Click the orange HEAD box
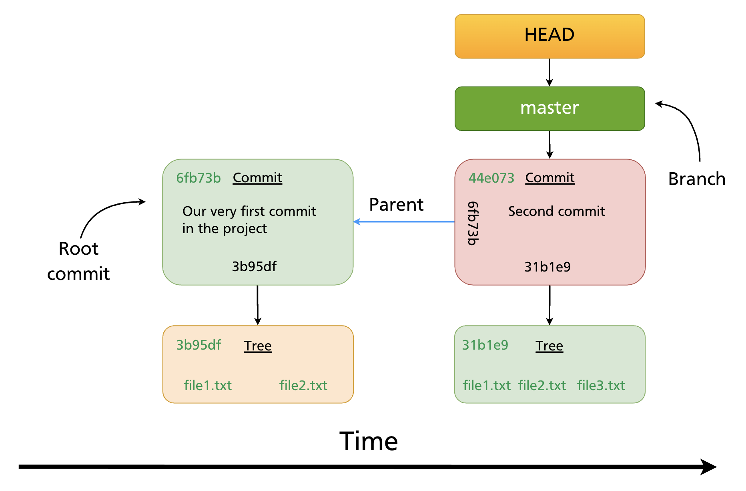pyautogui.click(x=549, y=36)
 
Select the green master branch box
pyautogui.click(x=549, y=108)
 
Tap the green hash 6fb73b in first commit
pyautogui.click(x=198, y=178)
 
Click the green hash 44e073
pyautogui.click(x=491, y=178)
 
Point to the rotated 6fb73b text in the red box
pyautogui.click(x=473, y=223)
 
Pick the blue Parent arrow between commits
pyautogui.click(x=404, y=221)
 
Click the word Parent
pyautogui.click(x=396, y=205)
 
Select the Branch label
pyautogui.click(x=696, y=179)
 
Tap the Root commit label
pyautogui.click(x=78, y=261)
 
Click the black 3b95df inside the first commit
pyautogui.click(x=254, y=266)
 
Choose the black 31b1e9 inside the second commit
pyautogui.click(x=547, y=267)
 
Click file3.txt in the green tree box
pyautogui.click(x=601, y=385)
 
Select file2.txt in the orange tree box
pyautogui.click(x=303, y=385)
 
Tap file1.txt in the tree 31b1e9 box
pyautogui.click(x=486, y=385)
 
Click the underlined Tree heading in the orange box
pyautogui.click(x=258, y=346)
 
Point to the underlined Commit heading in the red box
pyautogui.click(x=549, y=178)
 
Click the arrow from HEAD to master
pyautogui.click(x=549, y=72)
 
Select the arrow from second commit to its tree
pyautogui.click(x=549, y=305)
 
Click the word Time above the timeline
pyautogui.click(x=368, y=441)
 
